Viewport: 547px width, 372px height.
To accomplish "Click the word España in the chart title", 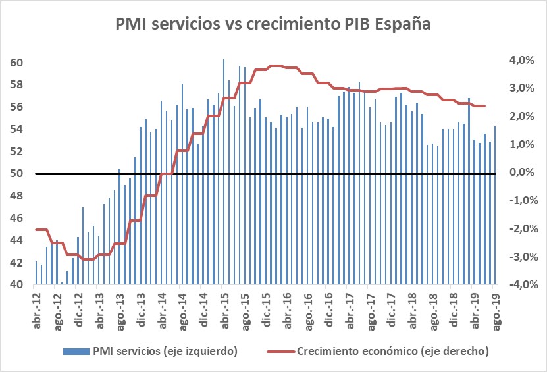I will pyautogui.click(x=400, y=25).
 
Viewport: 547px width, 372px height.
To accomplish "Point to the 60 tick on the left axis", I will pyautogui.click(x=17, y=63).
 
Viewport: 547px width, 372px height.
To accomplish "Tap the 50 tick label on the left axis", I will pyautogui.click(x=17, y=174).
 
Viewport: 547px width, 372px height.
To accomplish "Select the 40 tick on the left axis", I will pyautogui.click(x=17, y=284).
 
